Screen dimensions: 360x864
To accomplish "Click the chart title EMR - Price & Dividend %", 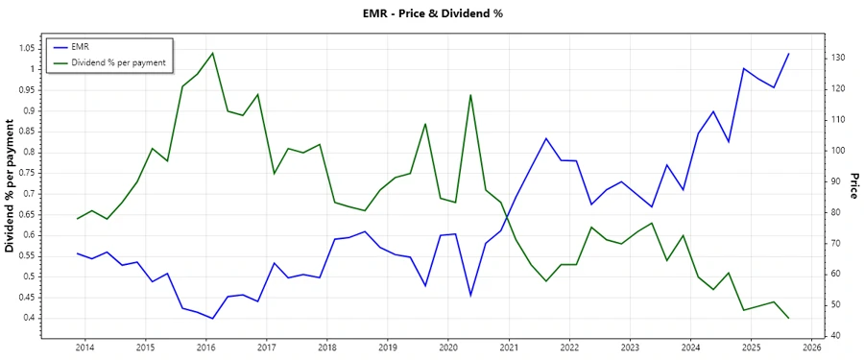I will pos(431,12).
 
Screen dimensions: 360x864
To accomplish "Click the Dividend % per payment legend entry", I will pos(118,61).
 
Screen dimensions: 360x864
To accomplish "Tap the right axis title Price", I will pos(852,185).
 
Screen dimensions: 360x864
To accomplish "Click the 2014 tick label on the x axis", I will pos(84,347).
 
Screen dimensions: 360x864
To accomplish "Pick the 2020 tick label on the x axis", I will pos(448,347).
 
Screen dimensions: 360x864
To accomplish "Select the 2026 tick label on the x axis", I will pos(812,347).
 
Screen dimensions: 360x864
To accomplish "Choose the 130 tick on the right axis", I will pos(837,58).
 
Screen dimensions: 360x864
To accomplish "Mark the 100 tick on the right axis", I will pos(837,151).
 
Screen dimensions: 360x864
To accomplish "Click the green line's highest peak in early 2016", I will pos(212,53).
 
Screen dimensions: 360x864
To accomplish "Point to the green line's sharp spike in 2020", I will pos(470,94).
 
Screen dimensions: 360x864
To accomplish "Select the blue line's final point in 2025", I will pos(788,54).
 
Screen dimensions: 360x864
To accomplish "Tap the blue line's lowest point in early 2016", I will pos(212,318).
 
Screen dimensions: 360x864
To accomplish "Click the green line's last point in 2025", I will pos(788,318).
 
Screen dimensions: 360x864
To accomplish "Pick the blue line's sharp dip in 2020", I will pos(470,295).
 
